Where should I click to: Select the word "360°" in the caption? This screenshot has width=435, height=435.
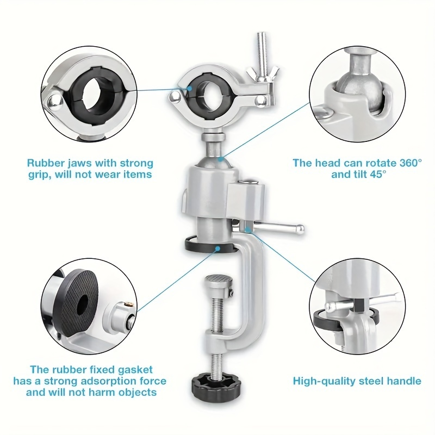(x=406, y=163)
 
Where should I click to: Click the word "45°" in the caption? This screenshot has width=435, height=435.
(x=375, y=174)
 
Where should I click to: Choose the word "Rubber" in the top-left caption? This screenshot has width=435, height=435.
(x=46, y=163)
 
